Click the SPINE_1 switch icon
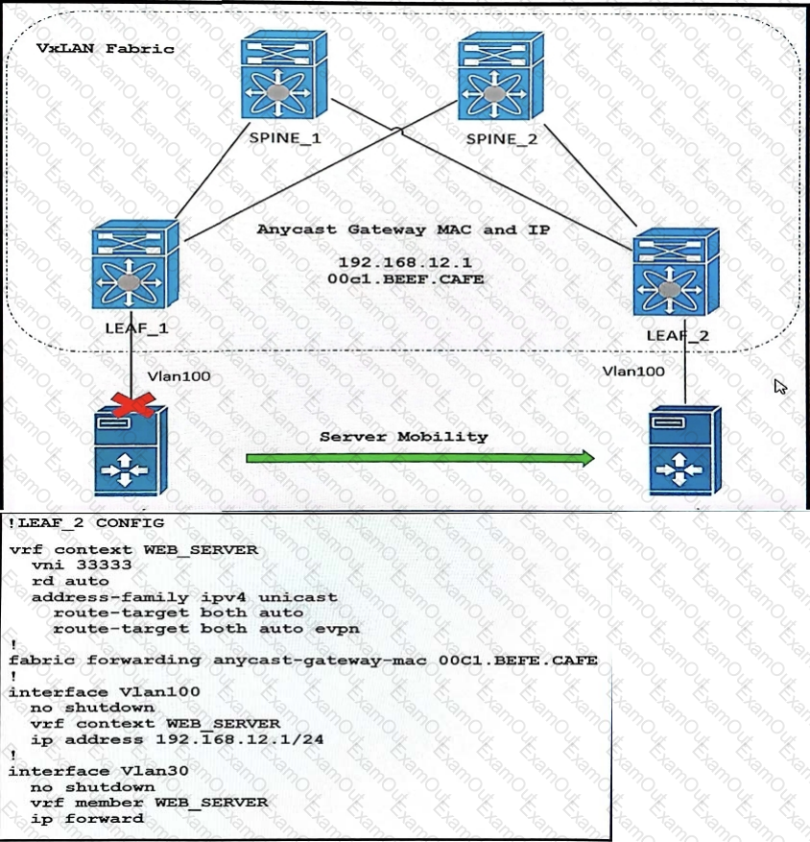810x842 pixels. [284, 75]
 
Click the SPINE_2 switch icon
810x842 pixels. [501, 76]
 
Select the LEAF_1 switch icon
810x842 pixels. [136, 264]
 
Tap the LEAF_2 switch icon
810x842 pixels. [677, 273]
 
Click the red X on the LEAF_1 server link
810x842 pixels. [133, 404]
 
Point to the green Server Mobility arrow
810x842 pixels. [420, 458]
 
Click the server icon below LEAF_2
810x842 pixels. [685, 451]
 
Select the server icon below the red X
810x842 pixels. [131, 451]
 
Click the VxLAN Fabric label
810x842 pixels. [106, 49]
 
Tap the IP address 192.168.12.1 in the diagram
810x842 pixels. [405, 263]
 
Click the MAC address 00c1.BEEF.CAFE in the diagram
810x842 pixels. [406, 279]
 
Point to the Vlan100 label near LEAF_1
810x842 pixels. [179, 376]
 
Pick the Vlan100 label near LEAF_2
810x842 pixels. [633, 371]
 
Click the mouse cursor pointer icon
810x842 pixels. [780, 386]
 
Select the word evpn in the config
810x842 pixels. [337, 629]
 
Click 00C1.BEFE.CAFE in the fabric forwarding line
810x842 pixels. [518, 660]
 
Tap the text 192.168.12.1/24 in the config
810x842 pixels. [239, 739]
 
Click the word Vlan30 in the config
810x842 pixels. [155, 771]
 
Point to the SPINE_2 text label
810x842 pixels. [501, 139]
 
